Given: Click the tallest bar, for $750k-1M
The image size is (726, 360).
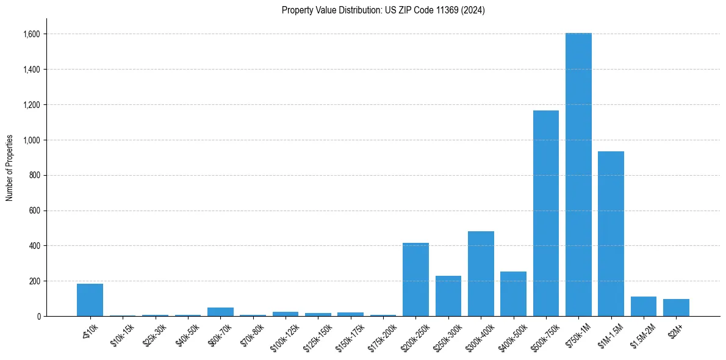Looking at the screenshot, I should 578,175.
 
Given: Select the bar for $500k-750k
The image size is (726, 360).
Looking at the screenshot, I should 545,214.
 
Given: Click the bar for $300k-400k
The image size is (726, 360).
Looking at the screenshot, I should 481,274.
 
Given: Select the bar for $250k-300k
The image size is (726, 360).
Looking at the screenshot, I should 448,296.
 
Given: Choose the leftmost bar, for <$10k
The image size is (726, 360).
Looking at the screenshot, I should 90,300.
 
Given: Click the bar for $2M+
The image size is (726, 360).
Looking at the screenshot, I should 676,308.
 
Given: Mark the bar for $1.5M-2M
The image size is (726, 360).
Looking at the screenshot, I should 644,306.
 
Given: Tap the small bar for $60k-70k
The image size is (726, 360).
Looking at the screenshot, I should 220,312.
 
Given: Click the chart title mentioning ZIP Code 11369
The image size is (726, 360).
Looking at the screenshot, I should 383,10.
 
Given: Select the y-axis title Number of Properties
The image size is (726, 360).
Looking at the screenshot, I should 10,167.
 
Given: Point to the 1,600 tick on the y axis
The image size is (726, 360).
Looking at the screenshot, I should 32,34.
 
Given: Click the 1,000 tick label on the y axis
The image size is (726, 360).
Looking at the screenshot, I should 32,140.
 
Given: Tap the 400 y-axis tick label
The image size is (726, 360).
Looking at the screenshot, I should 34,246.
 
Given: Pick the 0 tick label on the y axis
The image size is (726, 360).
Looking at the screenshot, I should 38,317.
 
